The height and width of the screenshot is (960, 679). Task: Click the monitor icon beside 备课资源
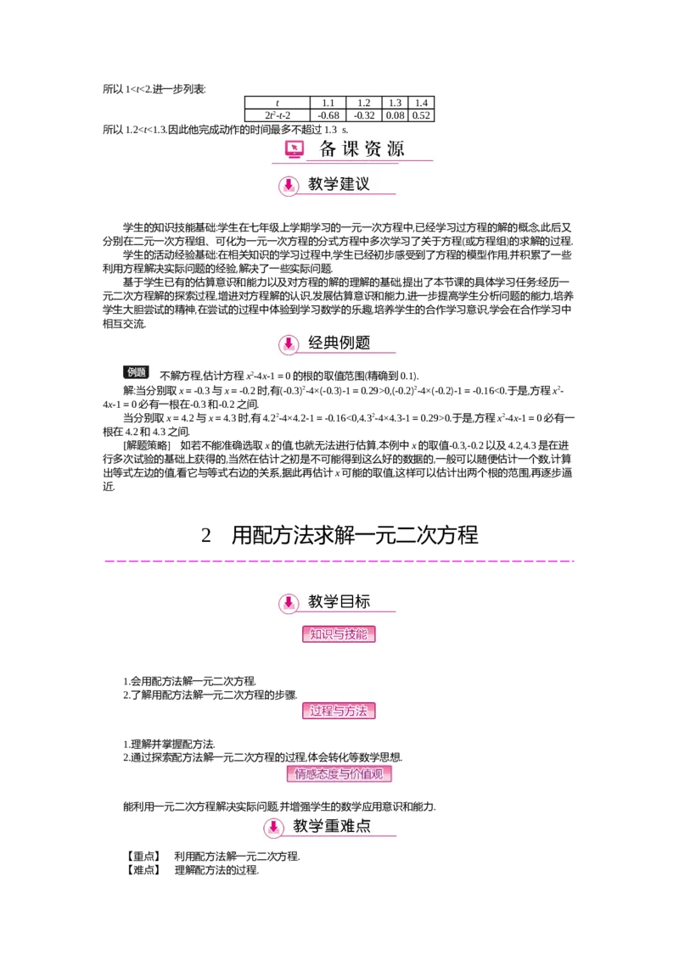click(294, 150)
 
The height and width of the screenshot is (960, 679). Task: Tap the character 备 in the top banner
click(328, 149)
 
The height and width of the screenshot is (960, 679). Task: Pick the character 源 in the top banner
click(396, 149)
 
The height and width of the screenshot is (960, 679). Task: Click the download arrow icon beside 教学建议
click(289, 185)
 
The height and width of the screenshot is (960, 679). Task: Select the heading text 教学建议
click(339, 184)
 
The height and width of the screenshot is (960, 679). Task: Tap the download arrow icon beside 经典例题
click(289, 343)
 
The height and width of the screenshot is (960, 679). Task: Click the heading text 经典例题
click(339, 343)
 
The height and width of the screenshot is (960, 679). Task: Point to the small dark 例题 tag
click(137, 371)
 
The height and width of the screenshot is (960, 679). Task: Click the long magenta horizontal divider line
click(339, 560)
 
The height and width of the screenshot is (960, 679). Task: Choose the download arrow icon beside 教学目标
click(289, 603)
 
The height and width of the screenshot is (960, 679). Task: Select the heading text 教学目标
click(339, 602)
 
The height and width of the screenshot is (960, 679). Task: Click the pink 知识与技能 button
click(339, 634)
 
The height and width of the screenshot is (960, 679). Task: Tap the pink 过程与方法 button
click(339, 712)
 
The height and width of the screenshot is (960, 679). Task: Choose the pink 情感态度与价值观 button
click(339, 773)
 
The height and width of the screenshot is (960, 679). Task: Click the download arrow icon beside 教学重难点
click(273, 827)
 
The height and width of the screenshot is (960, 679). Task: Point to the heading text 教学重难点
click(332, 826)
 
